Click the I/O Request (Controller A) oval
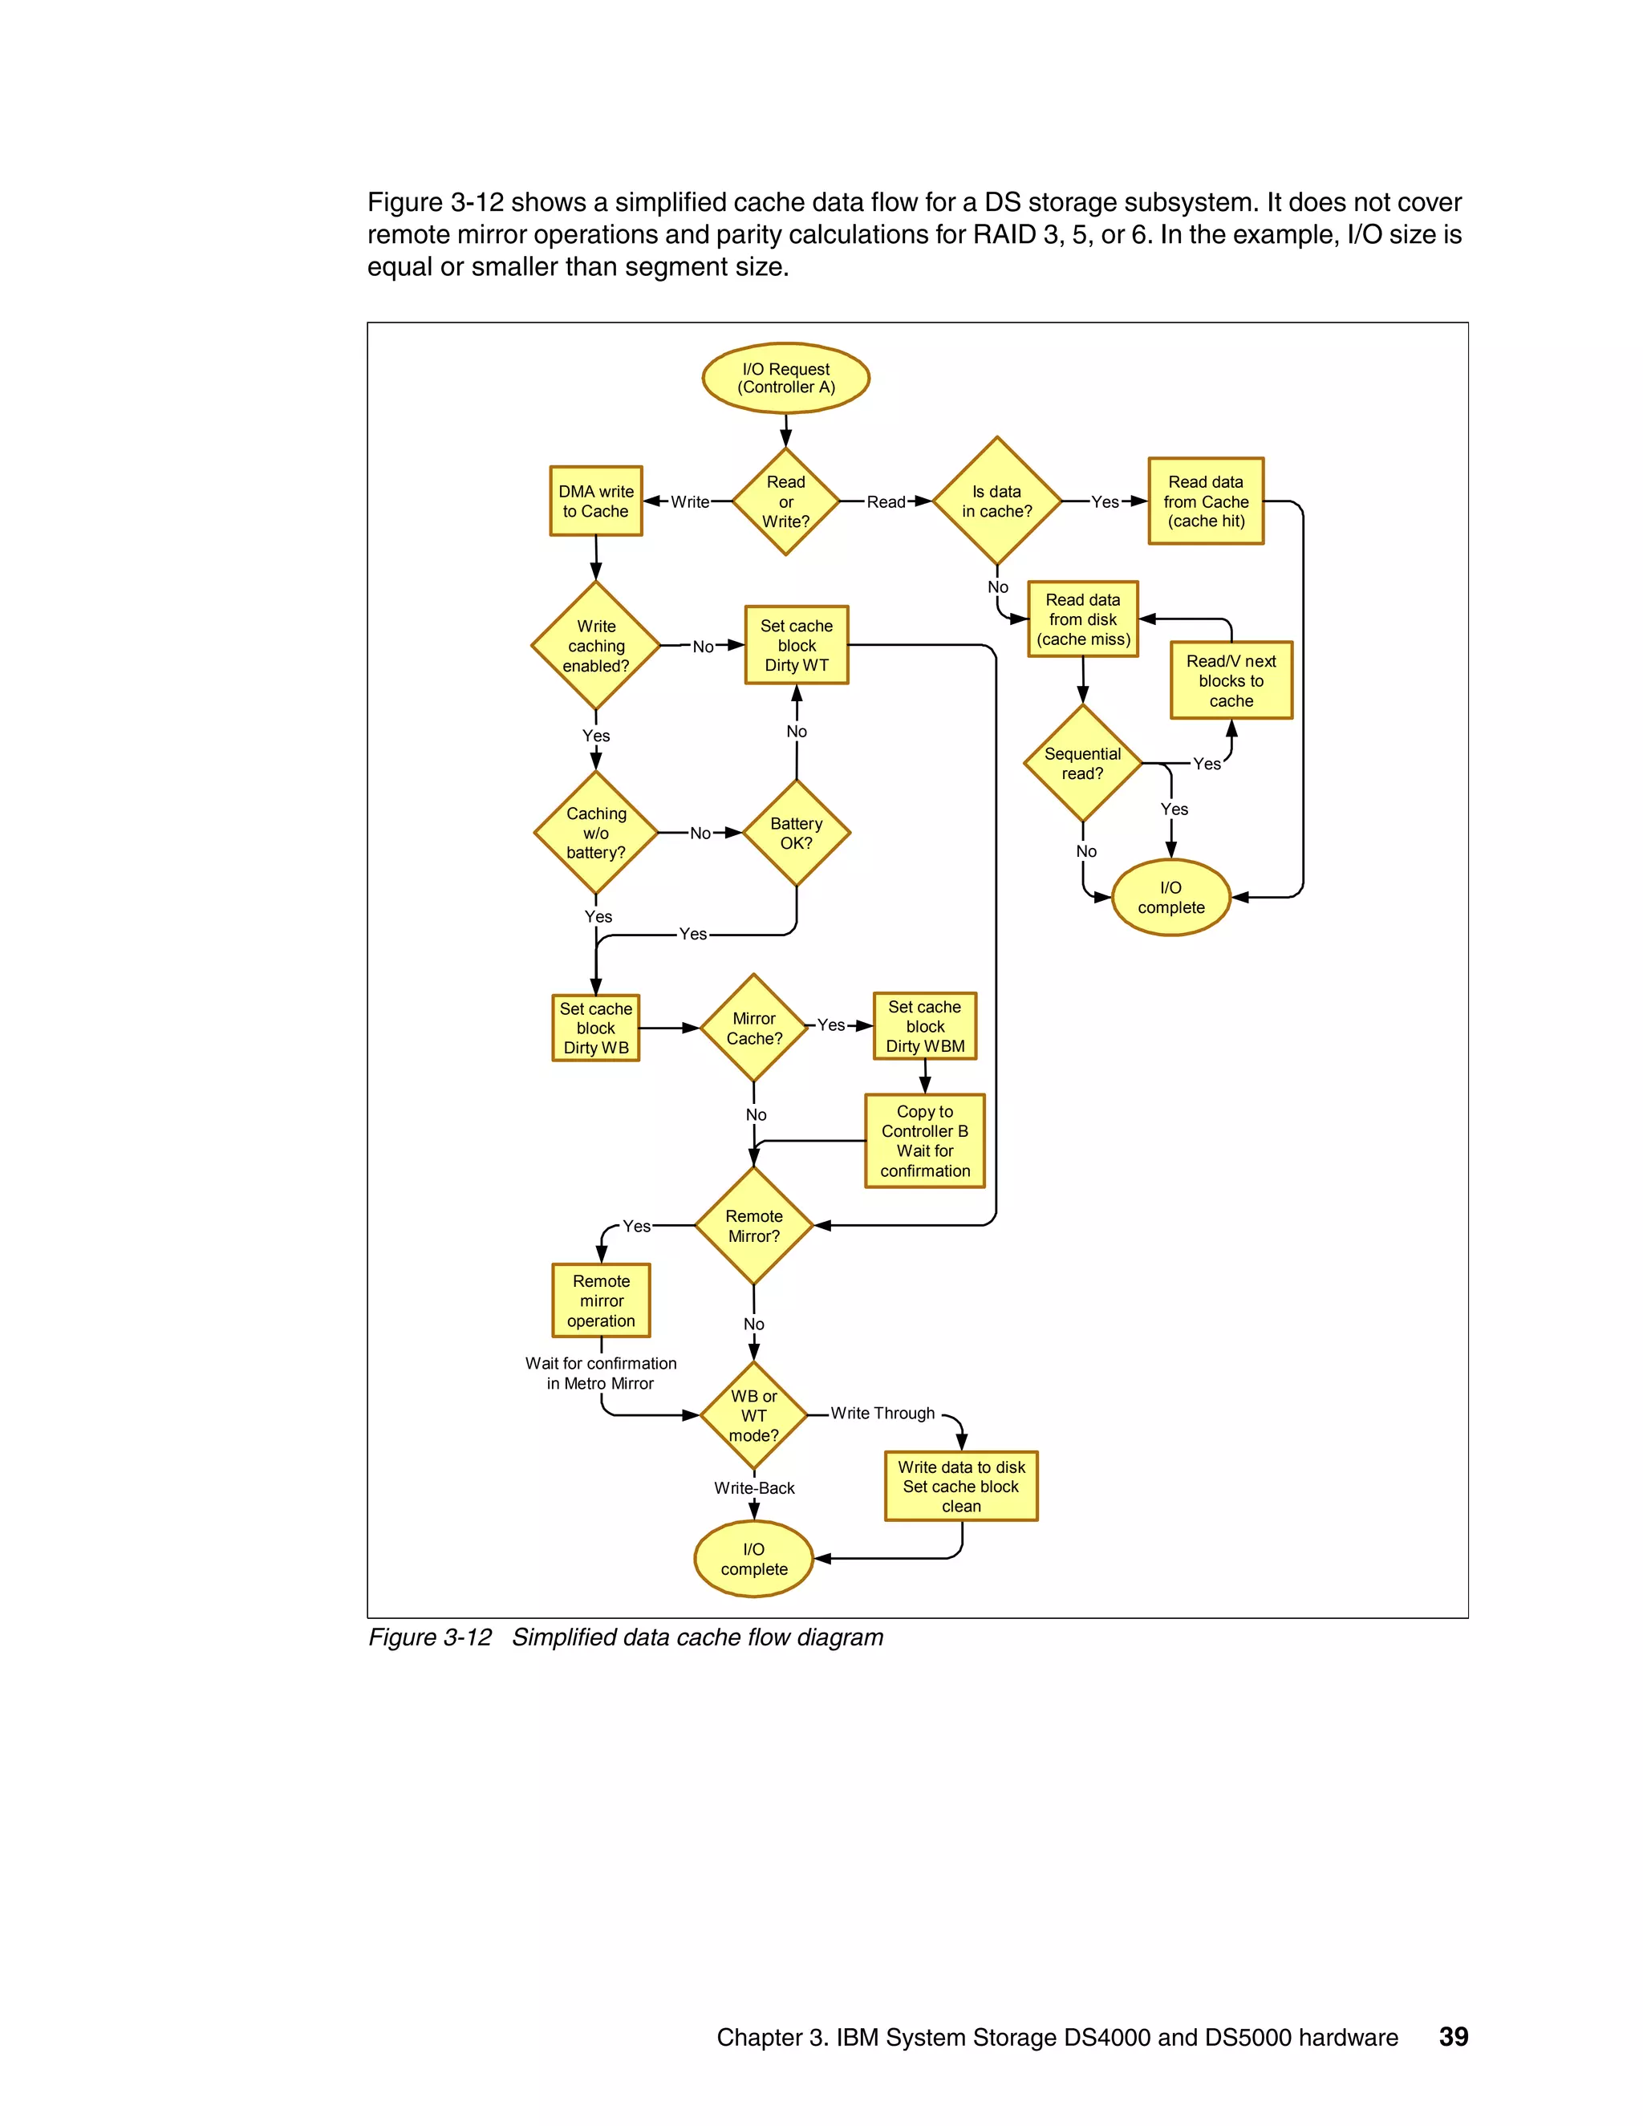[785, 378]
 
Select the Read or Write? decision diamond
[785, 501]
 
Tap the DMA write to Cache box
[596, 501]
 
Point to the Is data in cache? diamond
[996, 501]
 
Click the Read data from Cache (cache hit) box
[1205, 501]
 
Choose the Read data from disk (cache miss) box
[1082, 619]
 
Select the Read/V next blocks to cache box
[1231, 680]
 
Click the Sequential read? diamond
[1082, 763]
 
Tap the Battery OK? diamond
[796, 834]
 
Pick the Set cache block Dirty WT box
[796, 645]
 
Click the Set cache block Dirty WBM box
[925, 1026]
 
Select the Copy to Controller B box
[925, 1141]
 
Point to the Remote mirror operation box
[601, 1300]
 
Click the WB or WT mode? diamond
[753, 1415]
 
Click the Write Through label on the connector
[882, 1414]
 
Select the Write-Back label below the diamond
[753, 1488]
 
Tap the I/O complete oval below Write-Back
[753, 1559]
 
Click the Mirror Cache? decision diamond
[753, 1028]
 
